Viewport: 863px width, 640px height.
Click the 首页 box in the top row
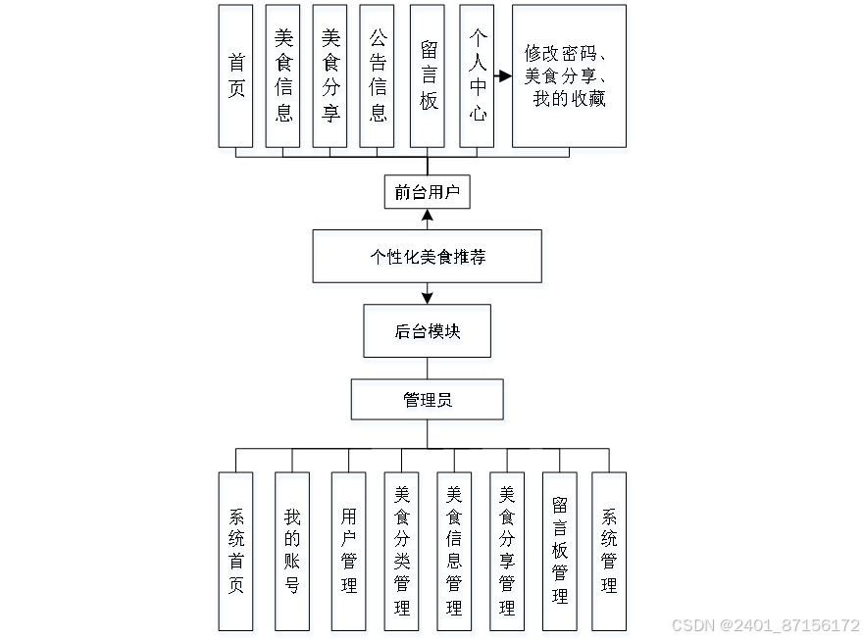pos(235,75)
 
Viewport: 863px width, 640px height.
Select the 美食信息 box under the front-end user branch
pos(283,75)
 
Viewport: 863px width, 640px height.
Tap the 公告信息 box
pos(378,75)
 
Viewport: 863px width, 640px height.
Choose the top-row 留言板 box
pos(429,75)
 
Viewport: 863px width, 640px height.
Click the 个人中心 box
pos(478,75)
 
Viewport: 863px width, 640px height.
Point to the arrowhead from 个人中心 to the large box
pos(506,75)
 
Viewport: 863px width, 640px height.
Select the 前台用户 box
pos(427,192)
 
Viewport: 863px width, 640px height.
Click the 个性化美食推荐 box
pos(427,257)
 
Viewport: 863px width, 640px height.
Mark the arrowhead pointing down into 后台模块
pos(427,296)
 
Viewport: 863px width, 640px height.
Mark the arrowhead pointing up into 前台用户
pos(427,214)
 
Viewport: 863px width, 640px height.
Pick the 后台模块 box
pos(427,331)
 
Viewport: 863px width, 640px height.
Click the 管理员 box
pos(427,400)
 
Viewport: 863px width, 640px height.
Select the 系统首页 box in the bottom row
pos(236,551)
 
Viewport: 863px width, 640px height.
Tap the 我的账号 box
pos(292,551)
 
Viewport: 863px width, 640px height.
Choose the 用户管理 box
pos(348,551)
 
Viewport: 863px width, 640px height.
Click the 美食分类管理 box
pos(401,551)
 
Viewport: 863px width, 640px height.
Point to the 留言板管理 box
pos(560,551)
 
